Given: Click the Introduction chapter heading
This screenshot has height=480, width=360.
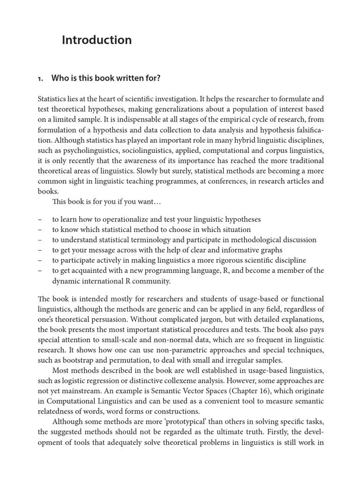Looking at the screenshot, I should coord(97,40).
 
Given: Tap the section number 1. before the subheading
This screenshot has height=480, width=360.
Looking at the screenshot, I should coord(40,78).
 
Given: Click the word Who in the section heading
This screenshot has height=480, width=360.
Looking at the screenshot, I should coord(60,78).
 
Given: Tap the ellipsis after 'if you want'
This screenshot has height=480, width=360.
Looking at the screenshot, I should coord(157,202).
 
